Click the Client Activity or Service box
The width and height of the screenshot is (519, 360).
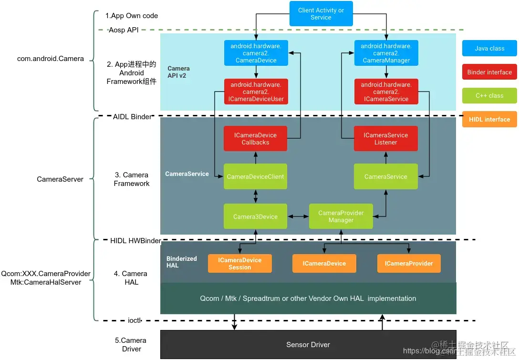pos(321,13)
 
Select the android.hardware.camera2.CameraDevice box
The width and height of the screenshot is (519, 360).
pos(256,53)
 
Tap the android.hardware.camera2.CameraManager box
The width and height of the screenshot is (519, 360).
pos(386,53)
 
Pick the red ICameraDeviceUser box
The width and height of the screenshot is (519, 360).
pos(256,92)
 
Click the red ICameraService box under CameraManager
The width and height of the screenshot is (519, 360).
pos(386,92)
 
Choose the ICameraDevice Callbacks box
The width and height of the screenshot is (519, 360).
pos(255,139)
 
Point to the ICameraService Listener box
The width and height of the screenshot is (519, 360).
pos(385,139)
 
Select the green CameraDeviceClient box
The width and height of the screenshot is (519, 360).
pos(255,176)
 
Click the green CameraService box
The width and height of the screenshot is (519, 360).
pos(385,176)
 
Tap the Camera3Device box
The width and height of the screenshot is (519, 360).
pos(255,216)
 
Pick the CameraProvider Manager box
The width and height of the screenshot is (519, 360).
pos(341,216)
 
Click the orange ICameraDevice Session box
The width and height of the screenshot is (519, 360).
pos(239,263)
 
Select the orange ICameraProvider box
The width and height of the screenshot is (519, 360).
pos(409,263)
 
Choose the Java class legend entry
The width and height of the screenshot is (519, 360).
pos(489,48)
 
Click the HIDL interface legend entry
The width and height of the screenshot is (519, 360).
pos(489,120)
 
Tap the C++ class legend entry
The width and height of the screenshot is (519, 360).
pos(489,96)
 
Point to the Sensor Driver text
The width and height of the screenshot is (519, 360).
pos(308,345)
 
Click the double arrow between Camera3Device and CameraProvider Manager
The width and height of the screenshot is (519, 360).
pos(298,216)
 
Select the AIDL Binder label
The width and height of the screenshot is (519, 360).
pos(132,117)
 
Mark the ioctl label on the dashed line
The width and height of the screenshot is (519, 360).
pos(135,320)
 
